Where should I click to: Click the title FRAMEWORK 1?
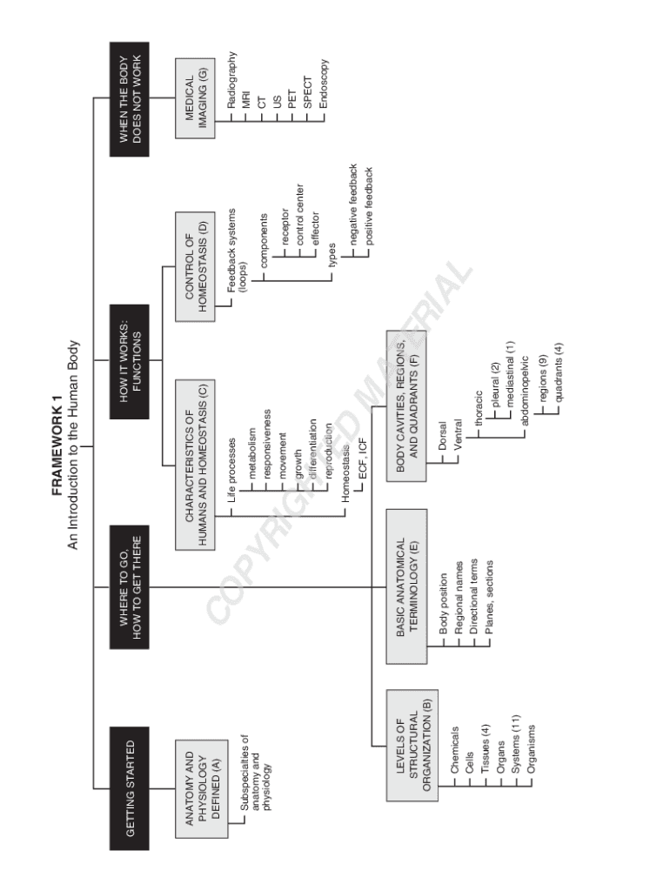[x=57, y=444]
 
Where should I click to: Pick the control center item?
[x=300, y=214]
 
